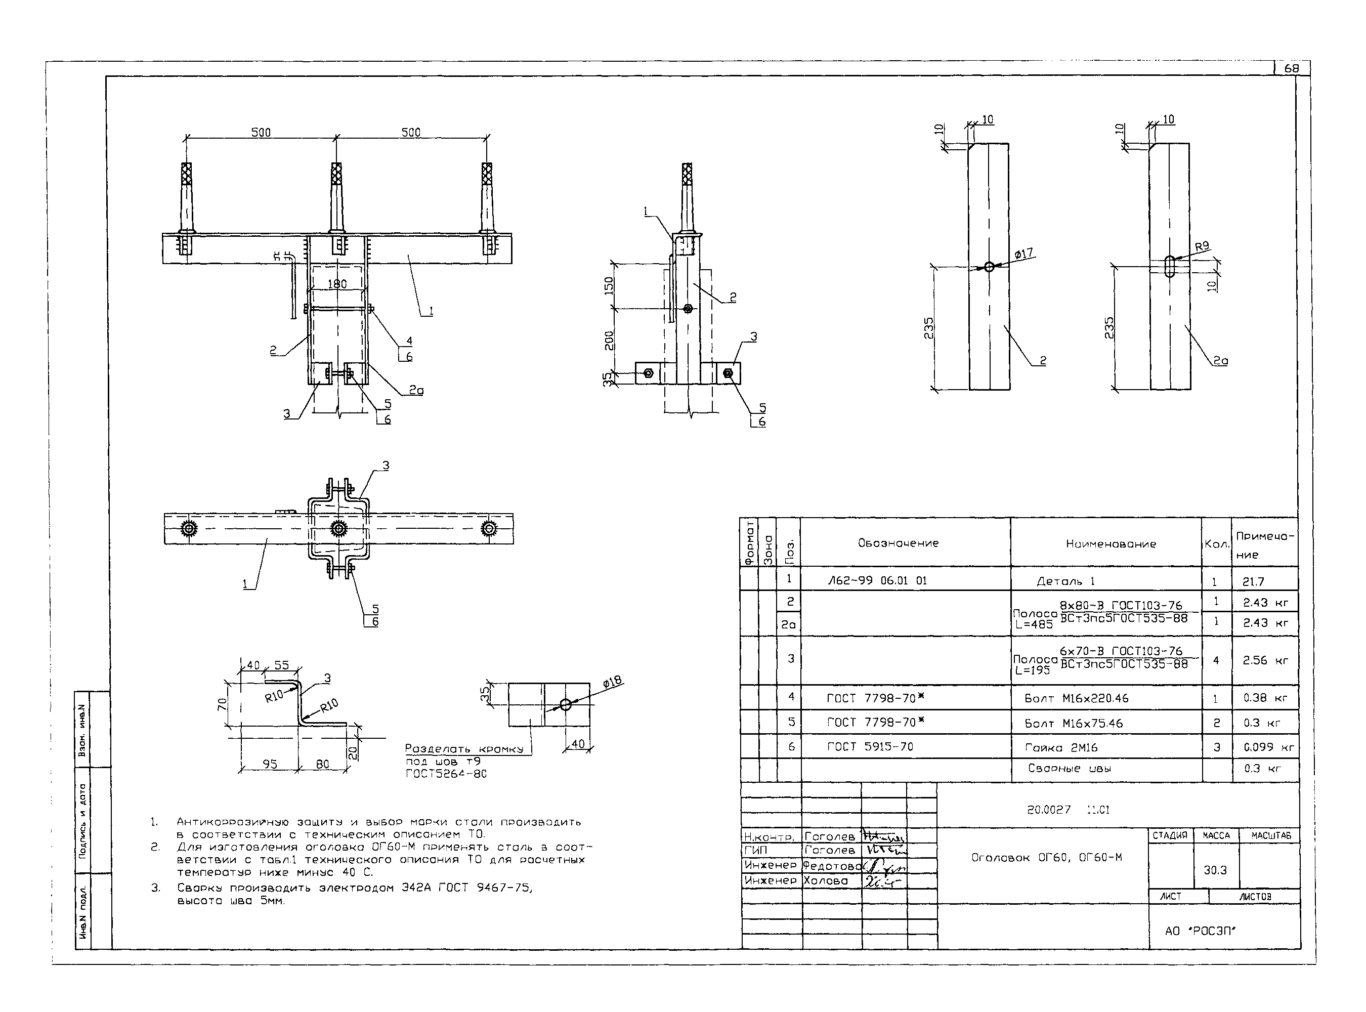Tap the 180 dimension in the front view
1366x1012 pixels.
pyautogui.click(x=337, y=284)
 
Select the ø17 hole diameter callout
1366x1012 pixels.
pyautogui.click(x=1023, y=254)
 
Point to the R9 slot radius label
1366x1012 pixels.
pyautogui.click(x=1202, y=246)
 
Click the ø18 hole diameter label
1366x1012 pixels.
pyautogui.click(x=612, y=681)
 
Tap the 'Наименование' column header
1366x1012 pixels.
pyautogui.click(x=1111, y=543)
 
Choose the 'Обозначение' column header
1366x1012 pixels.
pyautogui.click(x=898, y=543)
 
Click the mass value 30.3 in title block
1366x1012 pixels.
pyautogui.click(x=1215, y=870)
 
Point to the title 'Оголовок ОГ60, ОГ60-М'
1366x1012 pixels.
pyautogui.click(x=1046, y=858)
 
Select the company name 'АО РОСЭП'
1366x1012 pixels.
pyautogui.click(x=1200, y=931)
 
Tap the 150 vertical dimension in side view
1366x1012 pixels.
pyautogui.click(x=608, y=285)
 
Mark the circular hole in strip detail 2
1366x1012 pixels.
pyautogui.click(x=989, y=267)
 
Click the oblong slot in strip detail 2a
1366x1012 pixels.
pyautogui.click(x=1169, y=267)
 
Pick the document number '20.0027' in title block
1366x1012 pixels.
pyautogui.click(x=1049, y=810)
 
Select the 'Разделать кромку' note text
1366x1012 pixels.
pyautogui.click(x=464, y=748)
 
